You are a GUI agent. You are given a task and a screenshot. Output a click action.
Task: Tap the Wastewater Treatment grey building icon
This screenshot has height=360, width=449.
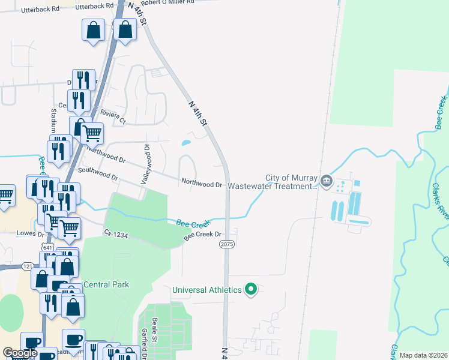(326, 181)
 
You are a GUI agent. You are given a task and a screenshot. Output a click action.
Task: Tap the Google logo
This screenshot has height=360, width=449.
(20, 353)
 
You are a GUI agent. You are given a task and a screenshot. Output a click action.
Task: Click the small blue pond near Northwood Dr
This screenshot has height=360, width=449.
(186, 143)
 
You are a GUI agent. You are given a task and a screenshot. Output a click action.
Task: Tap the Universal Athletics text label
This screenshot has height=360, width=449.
(206, 290)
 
